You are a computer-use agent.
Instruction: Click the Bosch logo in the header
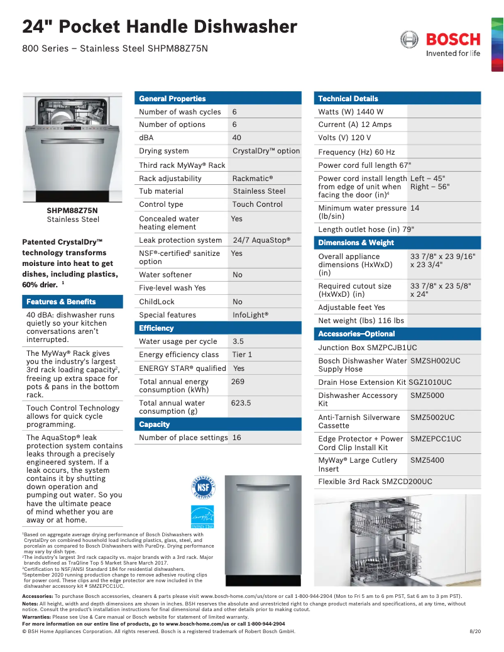pos(440,43)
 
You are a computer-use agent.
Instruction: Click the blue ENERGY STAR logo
pos(202,517)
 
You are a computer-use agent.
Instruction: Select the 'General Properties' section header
pos(172,99)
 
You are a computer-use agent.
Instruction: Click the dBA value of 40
pos(237,138)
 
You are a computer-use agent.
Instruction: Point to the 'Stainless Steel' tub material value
pos(259,191)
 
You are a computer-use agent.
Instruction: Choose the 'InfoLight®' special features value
pos(250,315)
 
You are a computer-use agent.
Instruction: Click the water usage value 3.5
pos(238,341)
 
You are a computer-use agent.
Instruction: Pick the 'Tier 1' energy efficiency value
pos(242,355)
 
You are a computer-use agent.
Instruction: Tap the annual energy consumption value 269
pos(238,382)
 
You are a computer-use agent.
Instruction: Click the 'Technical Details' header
pos(348,99)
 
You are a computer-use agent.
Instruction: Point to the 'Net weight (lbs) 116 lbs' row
pos(361,321)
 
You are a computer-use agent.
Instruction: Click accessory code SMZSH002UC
pos(435,361)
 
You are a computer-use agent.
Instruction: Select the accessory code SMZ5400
pos(427,460)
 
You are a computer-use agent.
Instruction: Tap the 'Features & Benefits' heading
pos(61,302)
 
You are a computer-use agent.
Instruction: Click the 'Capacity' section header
pos(155,424)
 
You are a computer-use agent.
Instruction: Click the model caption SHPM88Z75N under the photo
pos(72,211)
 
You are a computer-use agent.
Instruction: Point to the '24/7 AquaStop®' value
pos(261,240)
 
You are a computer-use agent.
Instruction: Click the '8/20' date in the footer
pos(475,631)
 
